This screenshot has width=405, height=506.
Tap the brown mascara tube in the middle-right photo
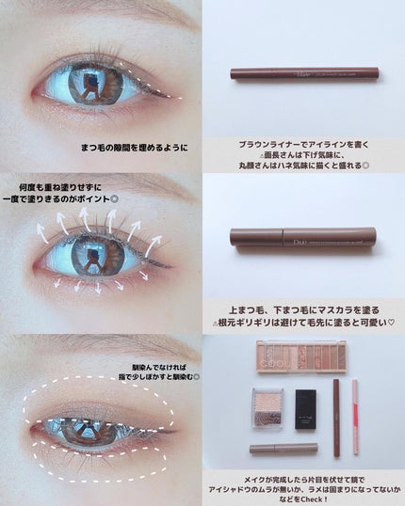coord(300,237)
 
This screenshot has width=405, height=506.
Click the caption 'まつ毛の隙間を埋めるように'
coord(135,148)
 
